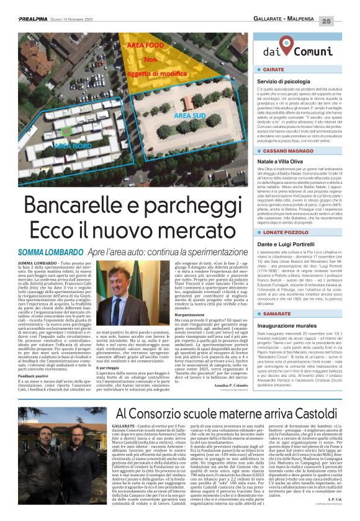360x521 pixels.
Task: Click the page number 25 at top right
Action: tap(344, 20)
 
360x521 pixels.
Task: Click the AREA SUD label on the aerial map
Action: tap(190, 116)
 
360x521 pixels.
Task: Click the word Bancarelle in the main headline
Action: tap(84, 206)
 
